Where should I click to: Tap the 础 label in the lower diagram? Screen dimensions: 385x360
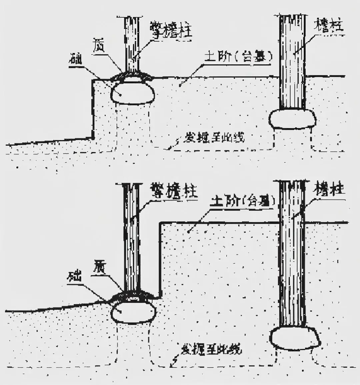point(76,277)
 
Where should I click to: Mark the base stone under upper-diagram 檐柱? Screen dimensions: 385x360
point(292,119)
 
